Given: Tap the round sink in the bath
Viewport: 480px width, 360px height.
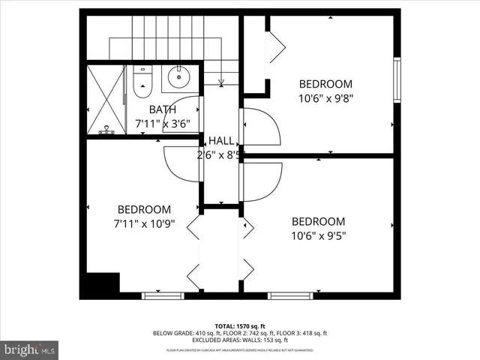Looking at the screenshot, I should coord(178,76).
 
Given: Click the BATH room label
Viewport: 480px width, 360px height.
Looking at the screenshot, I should coord(162,110).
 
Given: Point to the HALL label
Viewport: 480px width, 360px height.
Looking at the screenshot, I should coord(220,141).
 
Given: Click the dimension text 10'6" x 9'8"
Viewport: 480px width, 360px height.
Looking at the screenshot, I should coord(325,97).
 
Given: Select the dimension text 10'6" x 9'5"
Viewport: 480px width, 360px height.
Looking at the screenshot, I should coord(319,235).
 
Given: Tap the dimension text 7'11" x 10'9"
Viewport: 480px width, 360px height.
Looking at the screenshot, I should coord(143,223).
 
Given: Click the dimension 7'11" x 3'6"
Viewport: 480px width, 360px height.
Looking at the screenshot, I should coord(162,124).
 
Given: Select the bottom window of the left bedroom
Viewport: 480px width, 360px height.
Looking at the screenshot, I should coord(163,295).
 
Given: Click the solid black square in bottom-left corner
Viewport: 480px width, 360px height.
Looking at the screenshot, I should coord(103,285).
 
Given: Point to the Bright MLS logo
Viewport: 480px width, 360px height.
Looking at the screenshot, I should coord(30,349).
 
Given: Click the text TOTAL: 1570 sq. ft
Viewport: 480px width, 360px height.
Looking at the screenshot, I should coord(240,326).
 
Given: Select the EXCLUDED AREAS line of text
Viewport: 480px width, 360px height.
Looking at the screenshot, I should coord(240,340).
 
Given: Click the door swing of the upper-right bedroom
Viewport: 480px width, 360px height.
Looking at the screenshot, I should coord(260,126).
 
